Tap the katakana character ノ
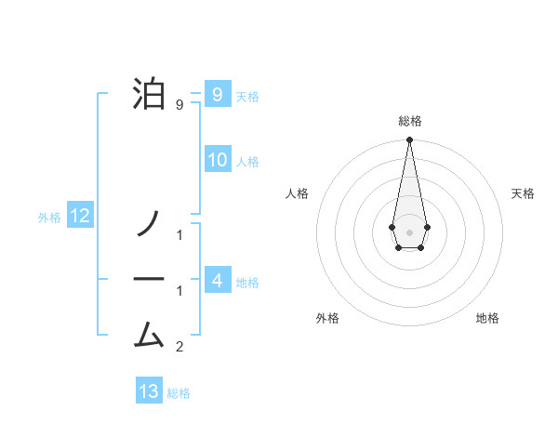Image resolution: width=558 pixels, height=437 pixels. (149, 222)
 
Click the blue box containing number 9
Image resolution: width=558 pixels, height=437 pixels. (217, 94)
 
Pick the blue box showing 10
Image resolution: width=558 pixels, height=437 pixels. (217, 160)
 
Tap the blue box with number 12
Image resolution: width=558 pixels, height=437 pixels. (80, 217)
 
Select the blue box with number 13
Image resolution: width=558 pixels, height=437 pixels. (149, 391)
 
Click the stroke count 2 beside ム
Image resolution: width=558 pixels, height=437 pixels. (179, 348)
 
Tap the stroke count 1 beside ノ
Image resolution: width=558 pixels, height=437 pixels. (179, 235)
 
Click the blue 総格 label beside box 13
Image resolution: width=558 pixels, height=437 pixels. (179, 393)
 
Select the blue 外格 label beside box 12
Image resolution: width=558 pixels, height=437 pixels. (49, 218)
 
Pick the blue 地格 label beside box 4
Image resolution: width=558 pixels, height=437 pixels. (247, 282)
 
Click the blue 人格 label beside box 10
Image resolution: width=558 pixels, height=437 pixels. (247, 162)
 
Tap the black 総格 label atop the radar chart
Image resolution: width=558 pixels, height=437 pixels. (410, 121)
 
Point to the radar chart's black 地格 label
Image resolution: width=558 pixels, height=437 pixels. (487, 318)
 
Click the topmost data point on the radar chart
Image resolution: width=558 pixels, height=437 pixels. (409, 140)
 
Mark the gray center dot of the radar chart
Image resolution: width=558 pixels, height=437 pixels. (409, 232)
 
